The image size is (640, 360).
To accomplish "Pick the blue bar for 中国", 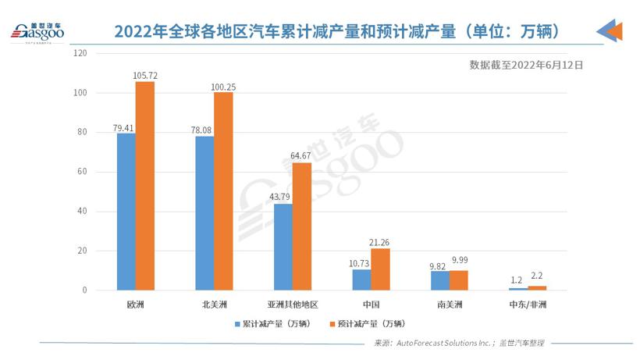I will pos(361,280).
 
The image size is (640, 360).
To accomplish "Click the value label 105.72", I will pos(145,76).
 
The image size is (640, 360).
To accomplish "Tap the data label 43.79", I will pos(280,198).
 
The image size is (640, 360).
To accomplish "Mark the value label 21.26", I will pos(380,242).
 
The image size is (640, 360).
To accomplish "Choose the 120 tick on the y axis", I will pos(79,53).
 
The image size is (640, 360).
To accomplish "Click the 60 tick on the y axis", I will pos(81,172).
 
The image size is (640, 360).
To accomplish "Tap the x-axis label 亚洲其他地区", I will pos(293,303).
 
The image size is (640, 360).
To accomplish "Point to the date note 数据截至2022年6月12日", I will pos(526,65).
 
